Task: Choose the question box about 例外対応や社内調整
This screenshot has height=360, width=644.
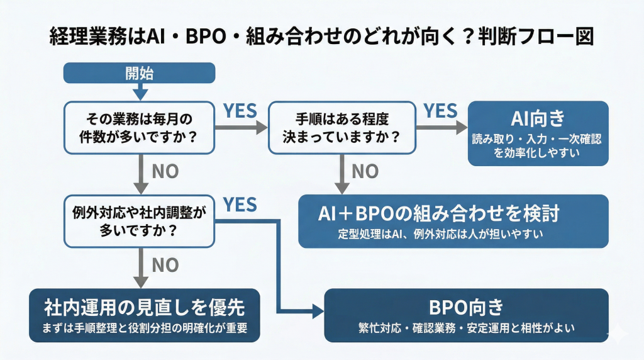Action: click(x=140, y=220)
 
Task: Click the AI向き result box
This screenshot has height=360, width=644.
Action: click(x=538, y=133)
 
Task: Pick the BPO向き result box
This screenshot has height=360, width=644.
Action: click(x=466, y=315)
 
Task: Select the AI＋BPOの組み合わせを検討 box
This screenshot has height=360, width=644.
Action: click(x=453, y=221)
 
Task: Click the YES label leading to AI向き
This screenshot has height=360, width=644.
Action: click(x=440, y=111)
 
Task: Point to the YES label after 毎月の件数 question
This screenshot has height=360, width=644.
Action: click(x=241, y=111)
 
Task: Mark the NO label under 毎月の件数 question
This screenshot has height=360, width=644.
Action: click(x=165, y=171)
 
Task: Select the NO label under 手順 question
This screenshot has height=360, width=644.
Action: click(x=365, y=171)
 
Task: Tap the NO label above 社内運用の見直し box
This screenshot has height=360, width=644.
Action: click(x=165, y=265)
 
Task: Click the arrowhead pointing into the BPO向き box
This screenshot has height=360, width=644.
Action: click(x=317, y=310)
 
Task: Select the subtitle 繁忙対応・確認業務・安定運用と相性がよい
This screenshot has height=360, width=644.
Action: click(x=466, y=328)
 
